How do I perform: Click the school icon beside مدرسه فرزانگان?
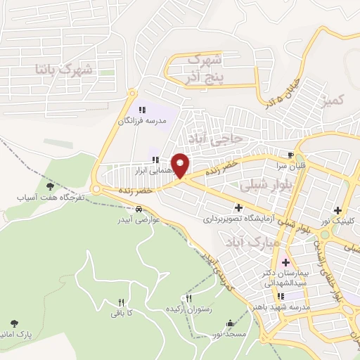(142, 110)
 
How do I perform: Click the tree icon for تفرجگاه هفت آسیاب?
(50, 186)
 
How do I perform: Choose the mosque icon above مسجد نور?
(229, 323)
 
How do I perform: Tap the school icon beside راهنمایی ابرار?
(155, 160)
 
